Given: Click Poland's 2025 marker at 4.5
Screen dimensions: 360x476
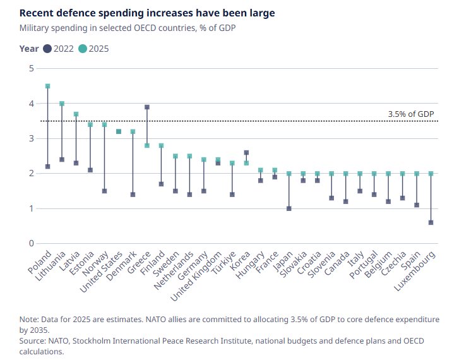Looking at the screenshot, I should click(48, 86).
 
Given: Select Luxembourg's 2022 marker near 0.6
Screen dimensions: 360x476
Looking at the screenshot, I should click(431, 222).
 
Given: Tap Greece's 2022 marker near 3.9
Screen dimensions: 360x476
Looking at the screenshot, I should click(147, 107).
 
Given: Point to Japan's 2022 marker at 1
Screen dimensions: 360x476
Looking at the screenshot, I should click(289, 208).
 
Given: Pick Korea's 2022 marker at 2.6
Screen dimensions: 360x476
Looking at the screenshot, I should click(246, 152).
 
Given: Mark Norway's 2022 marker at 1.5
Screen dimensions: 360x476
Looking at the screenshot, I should click(105, 191).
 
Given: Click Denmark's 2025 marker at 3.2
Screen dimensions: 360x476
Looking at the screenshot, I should click(133, 131).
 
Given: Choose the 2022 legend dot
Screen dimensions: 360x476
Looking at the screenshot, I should click(47, 49).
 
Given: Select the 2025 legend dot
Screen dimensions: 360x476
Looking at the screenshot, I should click(83, 49).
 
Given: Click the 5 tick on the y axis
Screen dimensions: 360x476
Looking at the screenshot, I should click(31, 68).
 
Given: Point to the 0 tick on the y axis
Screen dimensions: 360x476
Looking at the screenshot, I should click(31, 244).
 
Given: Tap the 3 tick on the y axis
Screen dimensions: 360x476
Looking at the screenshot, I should click(31, 138).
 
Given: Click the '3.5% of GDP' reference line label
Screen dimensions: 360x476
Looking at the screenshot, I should click(411, 114).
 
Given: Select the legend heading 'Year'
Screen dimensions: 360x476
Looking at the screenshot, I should click(29, 49).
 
